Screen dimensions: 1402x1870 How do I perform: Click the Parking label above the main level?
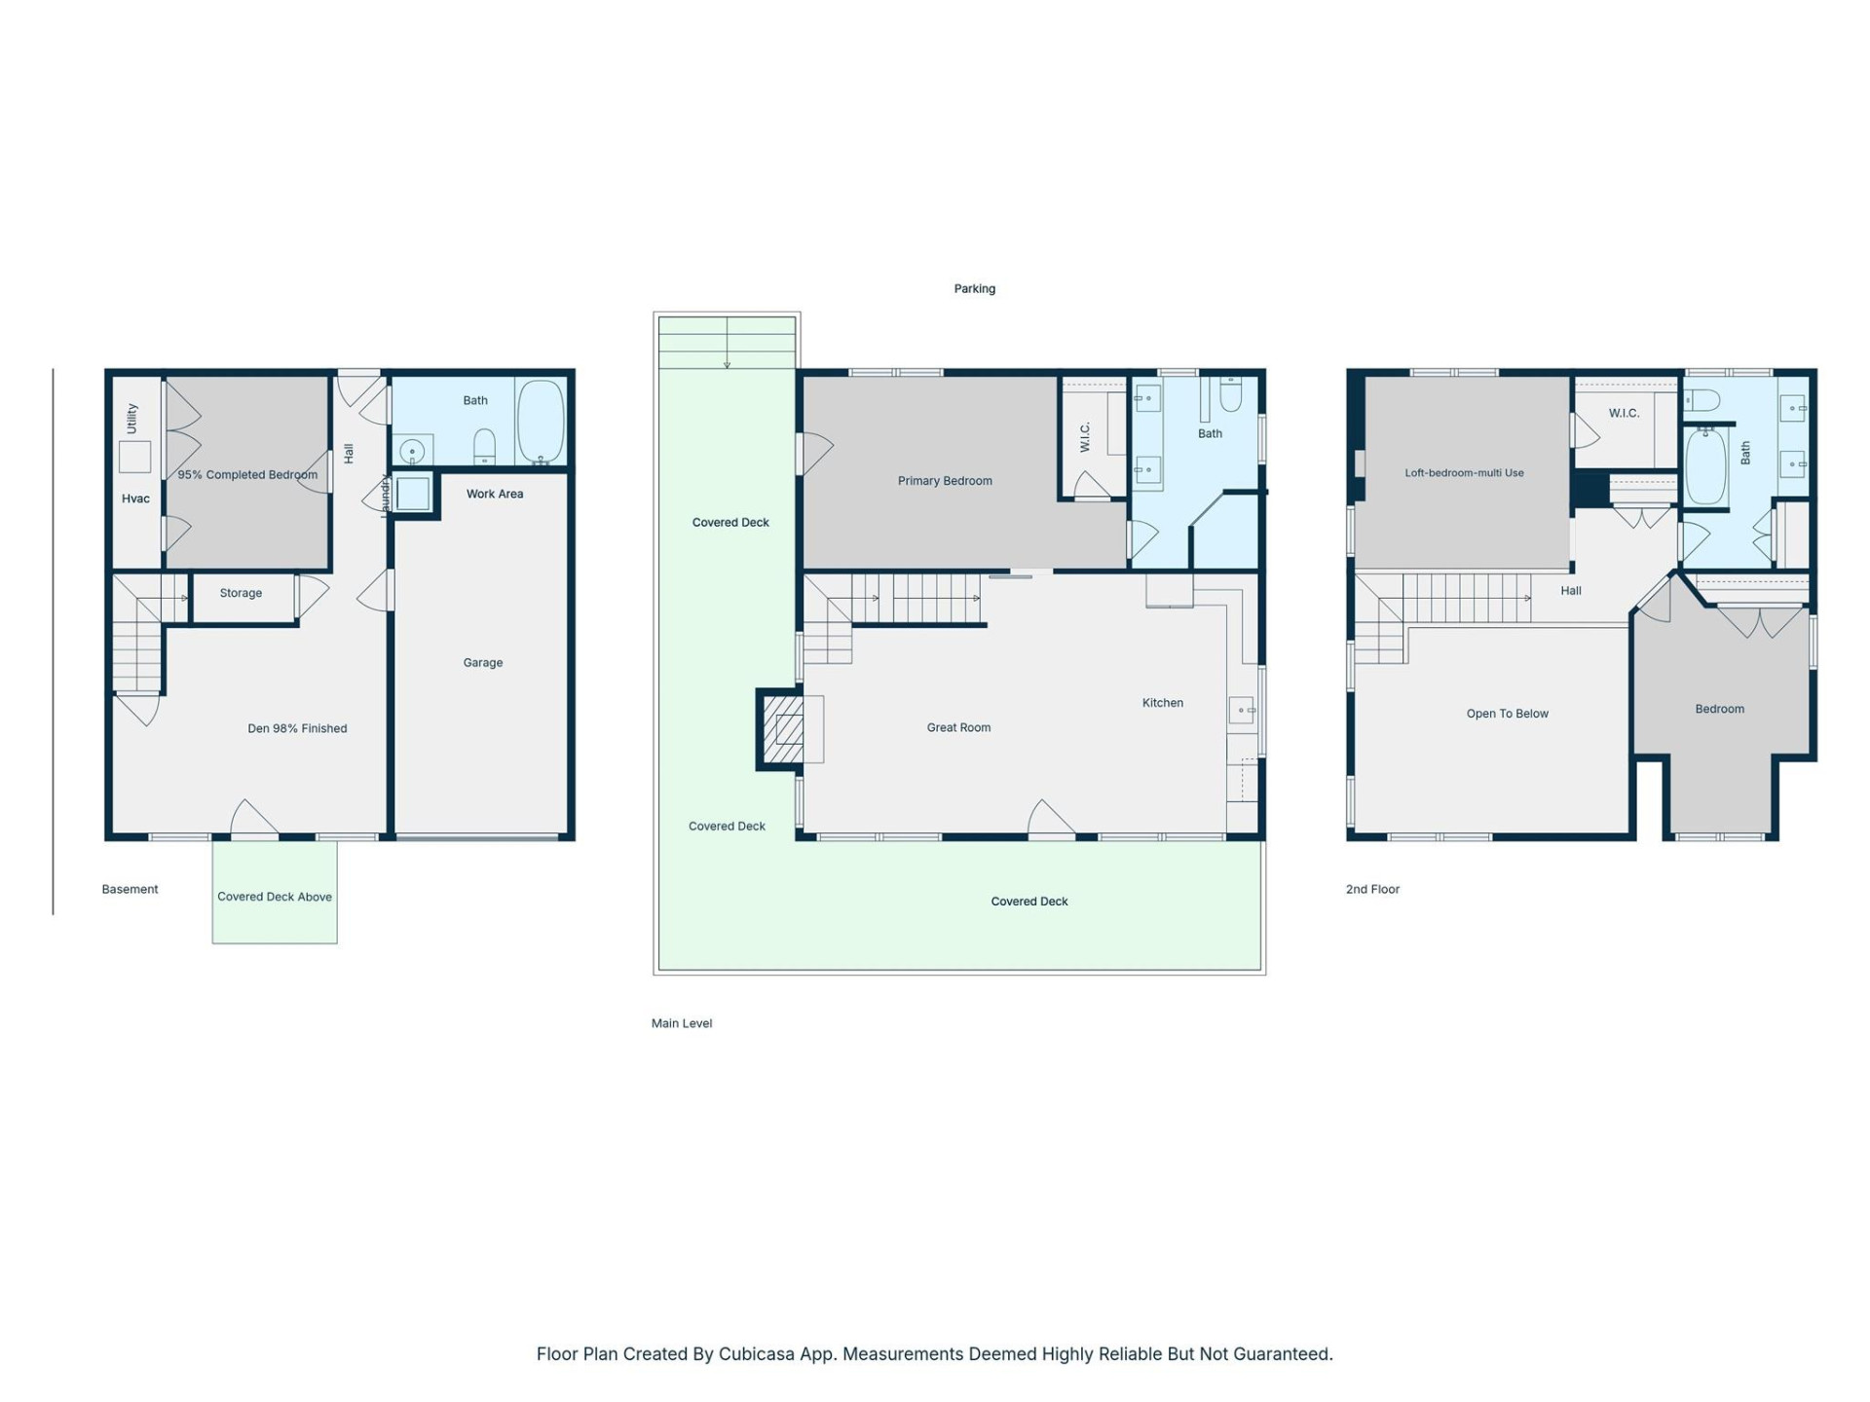pos(974,288)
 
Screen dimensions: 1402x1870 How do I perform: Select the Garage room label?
pos(482,663)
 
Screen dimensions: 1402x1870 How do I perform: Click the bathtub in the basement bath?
pos(540,422)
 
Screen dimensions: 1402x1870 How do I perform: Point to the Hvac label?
pos(135,498)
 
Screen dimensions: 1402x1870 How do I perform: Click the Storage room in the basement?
pos(241,593)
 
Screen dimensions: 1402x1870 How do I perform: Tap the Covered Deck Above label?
pos(274,897)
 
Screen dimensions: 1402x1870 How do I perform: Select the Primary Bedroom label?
pos(945,481)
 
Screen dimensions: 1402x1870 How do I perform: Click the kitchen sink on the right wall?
pos(1241,711)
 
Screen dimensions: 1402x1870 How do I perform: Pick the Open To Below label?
pos(1507,714)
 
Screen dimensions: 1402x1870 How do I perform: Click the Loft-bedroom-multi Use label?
pos(1464,473)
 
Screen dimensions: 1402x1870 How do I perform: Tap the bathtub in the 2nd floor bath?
pos(1705,467)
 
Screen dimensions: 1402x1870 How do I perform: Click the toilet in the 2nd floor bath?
pos(1703,400)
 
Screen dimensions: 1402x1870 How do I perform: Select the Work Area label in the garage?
pos(494,494)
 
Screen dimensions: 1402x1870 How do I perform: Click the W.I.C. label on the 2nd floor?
pos(1624,413)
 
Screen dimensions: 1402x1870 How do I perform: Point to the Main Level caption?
pos(682,1023)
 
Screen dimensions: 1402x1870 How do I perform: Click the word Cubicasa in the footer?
pos(756,1353)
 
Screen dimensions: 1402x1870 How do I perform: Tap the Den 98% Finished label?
pos(297,728)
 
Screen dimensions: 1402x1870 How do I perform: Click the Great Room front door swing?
pos(1051,818)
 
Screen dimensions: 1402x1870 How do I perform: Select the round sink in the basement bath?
pos(412,453)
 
